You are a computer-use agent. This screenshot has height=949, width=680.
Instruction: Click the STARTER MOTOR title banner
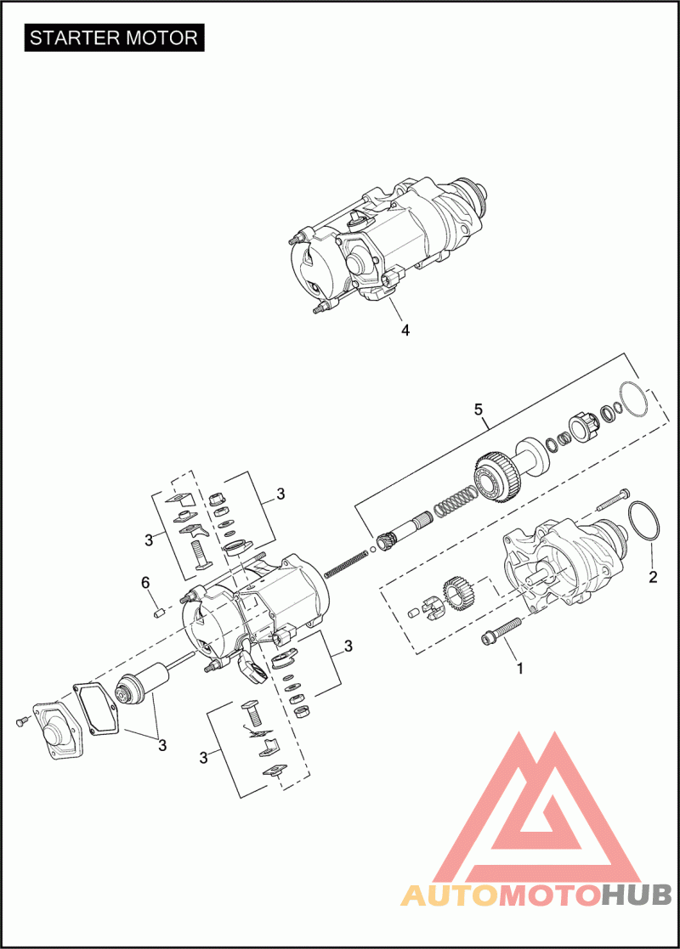pyautogui.click(x=114, y=37)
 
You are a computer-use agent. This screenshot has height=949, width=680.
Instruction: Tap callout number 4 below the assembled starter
pyautogui.click(x=405, y=330)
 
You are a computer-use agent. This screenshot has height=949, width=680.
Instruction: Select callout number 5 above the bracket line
pyautogui.click(x=479, y=410)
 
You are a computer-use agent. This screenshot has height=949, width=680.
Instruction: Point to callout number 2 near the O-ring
pyautogui.click(x=652, y=577)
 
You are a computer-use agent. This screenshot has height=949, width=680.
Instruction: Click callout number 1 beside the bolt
pyautogui.click(x=519, y=668)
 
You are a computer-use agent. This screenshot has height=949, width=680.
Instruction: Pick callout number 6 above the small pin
pyautogui.click(x=145, y=583)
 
